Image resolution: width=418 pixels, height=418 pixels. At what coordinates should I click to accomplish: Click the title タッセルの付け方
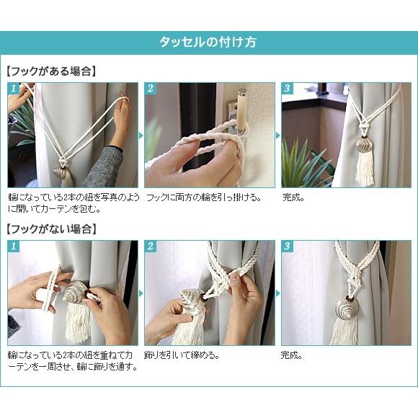click(x=208, y=43)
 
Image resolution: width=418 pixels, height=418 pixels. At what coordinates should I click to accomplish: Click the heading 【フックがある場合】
click(x=51, y=71)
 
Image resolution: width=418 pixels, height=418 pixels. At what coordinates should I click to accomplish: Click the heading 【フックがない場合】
click(x=51, y=229)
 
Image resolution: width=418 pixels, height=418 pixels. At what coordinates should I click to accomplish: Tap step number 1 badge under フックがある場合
click(x=14, y=88)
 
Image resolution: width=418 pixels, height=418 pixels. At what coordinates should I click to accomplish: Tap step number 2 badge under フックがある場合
click(x=151, y=88)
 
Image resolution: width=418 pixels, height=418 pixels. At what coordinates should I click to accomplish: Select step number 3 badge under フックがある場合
click(x=287, y=88)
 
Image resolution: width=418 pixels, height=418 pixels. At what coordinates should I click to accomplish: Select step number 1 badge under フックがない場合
click(x=14, y=246)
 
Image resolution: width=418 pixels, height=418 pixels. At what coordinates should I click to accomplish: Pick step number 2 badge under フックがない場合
click(x=151, y=246)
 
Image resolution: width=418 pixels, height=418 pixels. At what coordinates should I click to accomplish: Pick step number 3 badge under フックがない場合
click(x=287, y=246)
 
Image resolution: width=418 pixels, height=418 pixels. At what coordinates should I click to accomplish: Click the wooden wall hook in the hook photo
click(x=242, y=112)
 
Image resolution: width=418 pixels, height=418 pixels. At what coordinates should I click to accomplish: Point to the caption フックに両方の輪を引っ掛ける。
click(x=203, y=197)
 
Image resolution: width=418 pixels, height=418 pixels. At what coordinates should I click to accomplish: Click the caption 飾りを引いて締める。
click(x=182, y=355)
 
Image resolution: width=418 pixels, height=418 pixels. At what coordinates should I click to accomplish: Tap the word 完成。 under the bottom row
click(x=291, y=355)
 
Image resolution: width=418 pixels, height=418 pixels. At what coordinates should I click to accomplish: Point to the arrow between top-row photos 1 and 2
click(x=141, y=135)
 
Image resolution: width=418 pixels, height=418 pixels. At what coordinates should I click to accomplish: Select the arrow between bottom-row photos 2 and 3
click(x=278, y=293)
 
